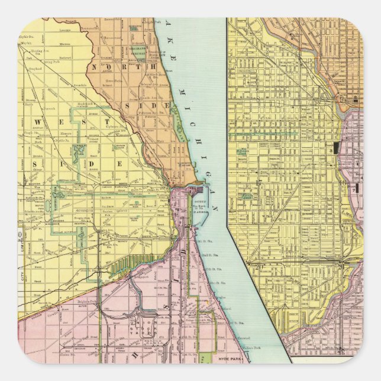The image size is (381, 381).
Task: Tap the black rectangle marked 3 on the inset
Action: pos(335,148)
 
